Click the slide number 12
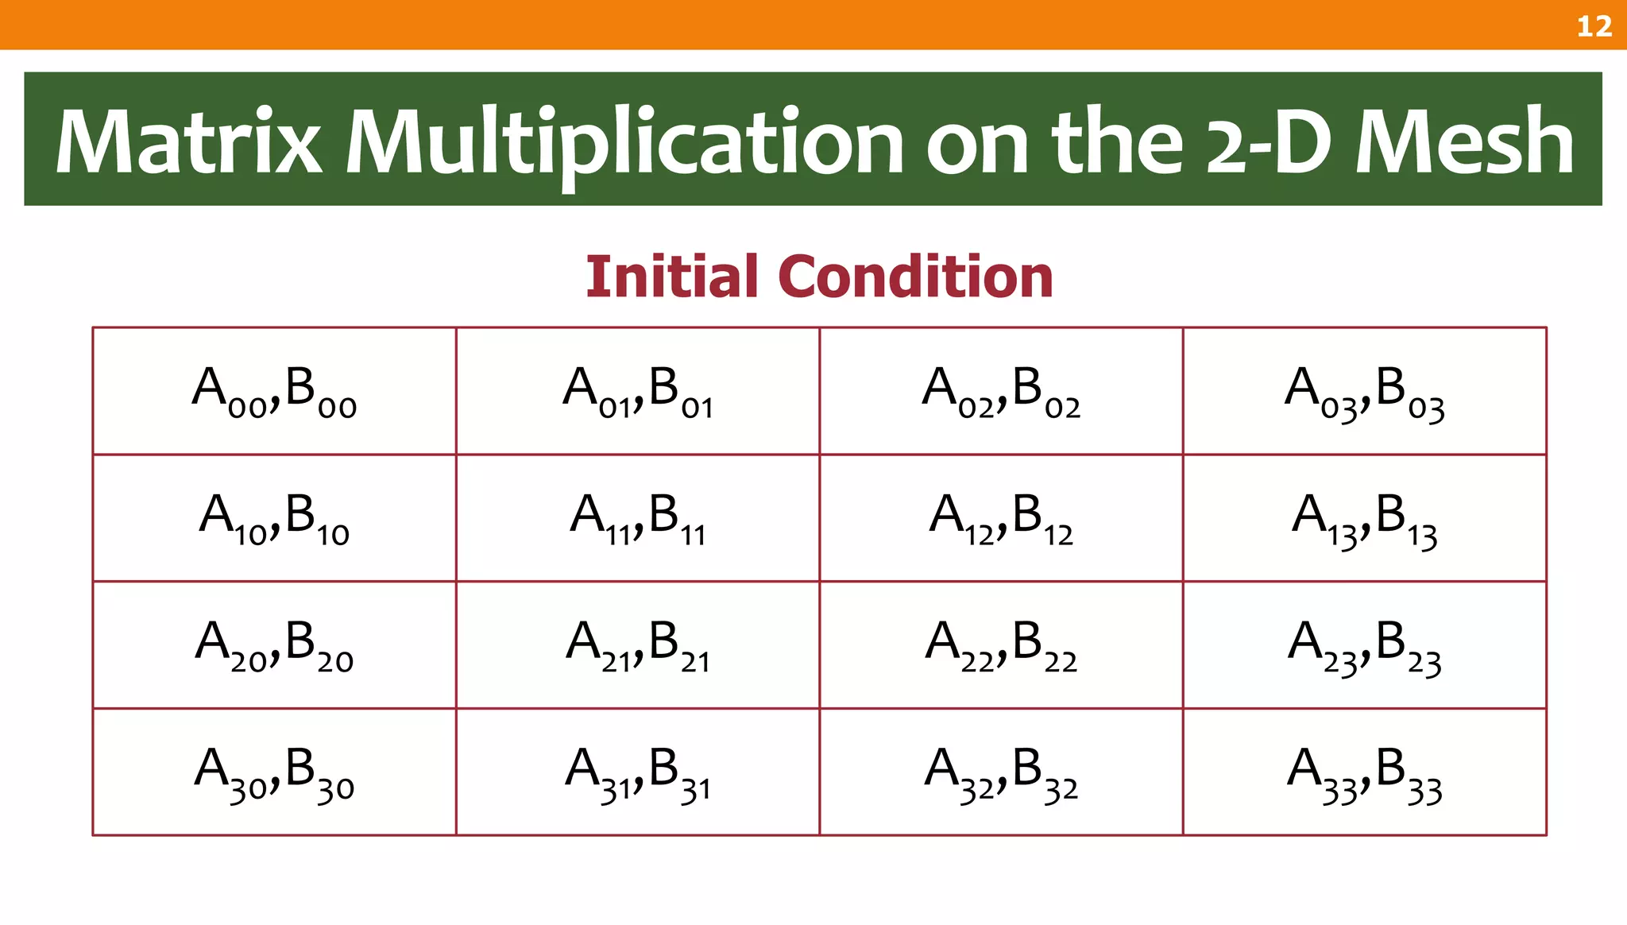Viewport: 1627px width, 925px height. click(x=1594, y=26)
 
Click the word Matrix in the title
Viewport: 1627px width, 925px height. click(x=188, y=141)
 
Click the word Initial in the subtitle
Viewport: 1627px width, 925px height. click(x=671, y=277)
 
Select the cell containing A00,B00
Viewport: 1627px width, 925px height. click(x=274, y=391)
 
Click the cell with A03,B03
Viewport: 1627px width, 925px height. click(x=1364, y=391)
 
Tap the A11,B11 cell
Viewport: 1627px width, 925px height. click(x=637, y=518)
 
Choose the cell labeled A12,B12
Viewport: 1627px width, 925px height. click(x=1001, y=518)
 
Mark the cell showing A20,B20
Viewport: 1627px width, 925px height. click(x=274, y=644)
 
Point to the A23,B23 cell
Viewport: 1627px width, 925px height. click(x=1364, y=644)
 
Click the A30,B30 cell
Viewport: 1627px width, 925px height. click(x=274, y=772)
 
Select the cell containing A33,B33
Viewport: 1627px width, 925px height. click(x=1364, y=772)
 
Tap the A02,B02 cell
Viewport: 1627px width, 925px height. click(x=1001, y=391)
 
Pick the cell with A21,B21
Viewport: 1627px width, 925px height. click(x=637, y=644)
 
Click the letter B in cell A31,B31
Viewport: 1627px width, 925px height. click(x=663, y=767)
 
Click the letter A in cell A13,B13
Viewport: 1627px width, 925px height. click(x=1309, y=513)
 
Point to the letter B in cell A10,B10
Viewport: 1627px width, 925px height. click(x=300, y=513)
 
